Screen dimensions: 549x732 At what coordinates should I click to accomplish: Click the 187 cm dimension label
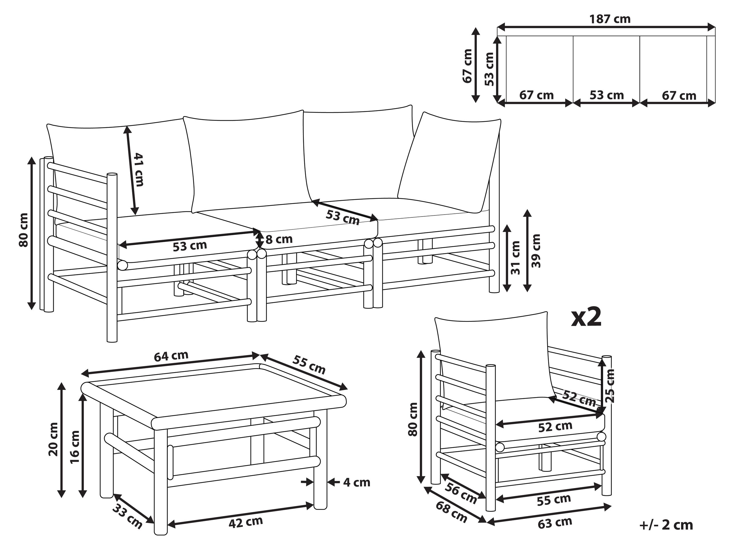coord(610,19)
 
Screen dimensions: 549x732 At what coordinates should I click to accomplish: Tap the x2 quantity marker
coord(586,318)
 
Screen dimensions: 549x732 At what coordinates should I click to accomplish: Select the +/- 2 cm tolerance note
coord(666,525)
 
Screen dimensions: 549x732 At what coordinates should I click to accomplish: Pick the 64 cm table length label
coord(171,356)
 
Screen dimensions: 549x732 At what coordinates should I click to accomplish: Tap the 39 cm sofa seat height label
coord(536,251)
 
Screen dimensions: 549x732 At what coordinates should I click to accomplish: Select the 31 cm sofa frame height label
coord(515,257)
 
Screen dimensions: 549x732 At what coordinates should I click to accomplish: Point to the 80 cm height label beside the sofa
coord(24,230)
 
